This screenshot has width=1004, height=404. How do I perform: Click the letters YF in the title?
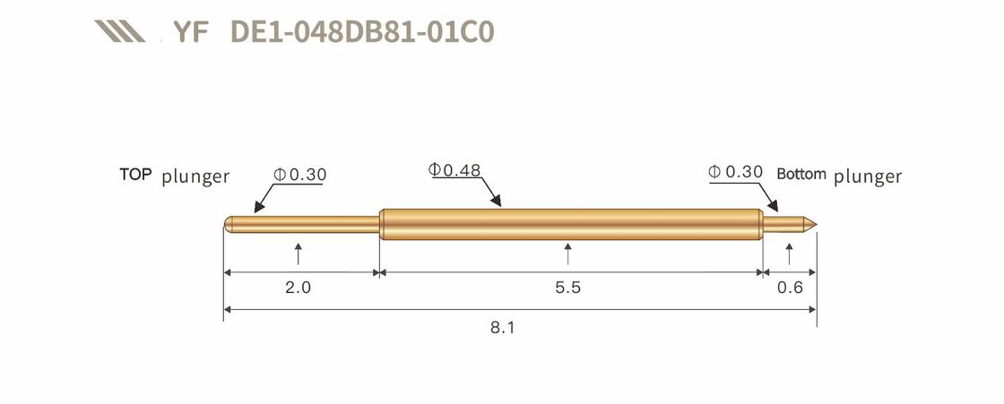tap(190, 31)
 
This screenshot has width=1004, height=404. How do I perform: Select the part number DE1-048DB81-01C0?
tap(362, 31)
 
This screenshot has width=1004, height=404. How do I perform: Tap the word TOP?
tap(136, 174)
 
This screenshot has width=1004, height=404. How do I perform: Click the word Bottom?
tap(801, 174)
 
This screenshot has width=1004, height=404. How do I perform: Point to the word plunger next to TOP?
tap(195, 176)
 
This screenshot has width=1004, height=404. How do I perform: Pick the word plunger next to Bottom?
tap(868, 176)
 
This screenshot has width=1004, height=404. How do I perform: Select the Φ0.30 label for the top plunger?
tap(300, 175)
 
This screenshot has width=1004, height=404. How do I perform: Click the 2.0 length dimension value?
tap(298, 288)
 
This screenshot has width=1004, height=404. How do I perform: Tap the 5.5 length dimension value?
tap(568, 288)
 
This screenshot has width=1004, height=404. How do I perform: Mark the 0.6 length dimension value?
tap(790, 288)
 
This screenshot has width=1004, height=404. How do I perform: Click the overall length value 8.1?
tap(503, 328)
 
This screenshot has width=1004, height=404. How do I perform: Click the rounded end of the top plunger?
tap(228, 224)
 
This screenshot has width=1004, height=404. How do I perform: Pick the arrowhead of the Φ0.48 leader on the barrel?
tap(498, 205)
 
